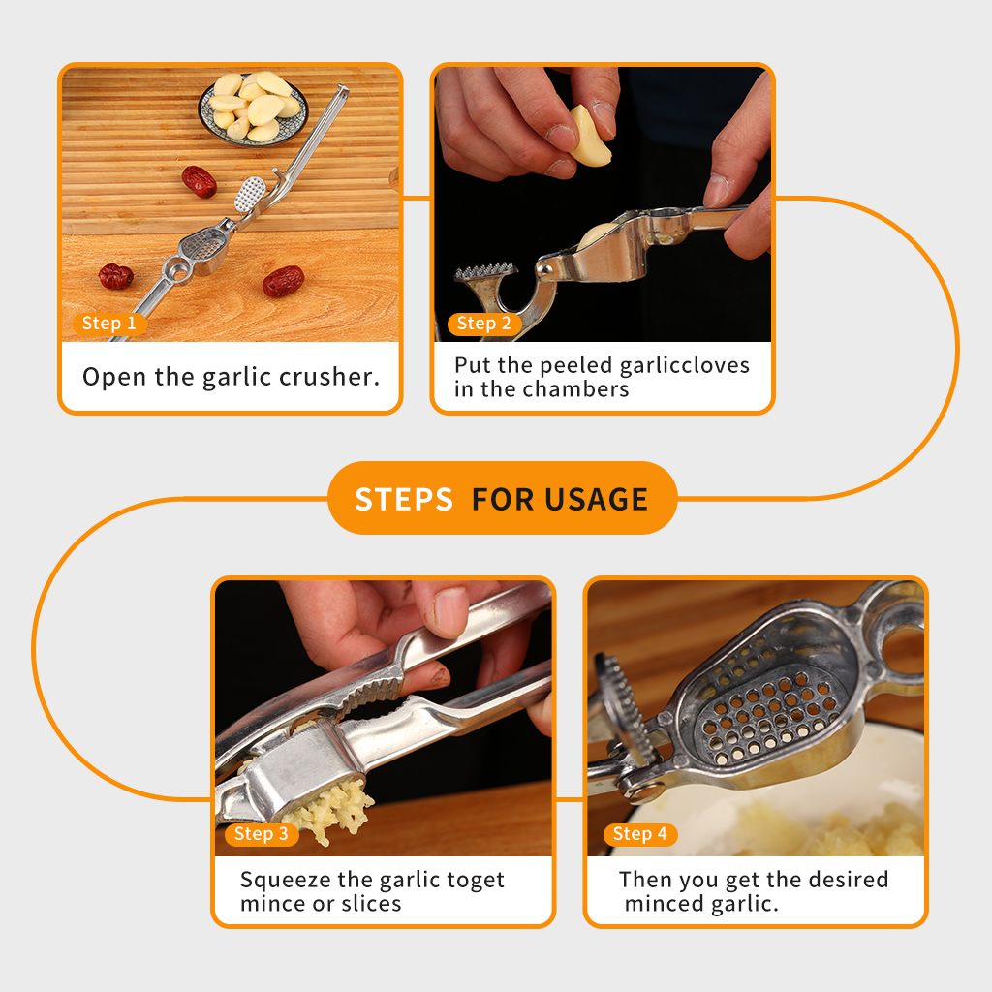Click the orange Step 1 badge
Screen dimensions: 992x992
pyautogui.click(x=109, y=324)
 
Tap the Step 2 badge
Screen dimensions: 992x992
pyautogui.click(x=484, y=324)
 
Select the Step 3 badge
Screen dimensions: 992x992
pyautogui.click(x=262, y=834)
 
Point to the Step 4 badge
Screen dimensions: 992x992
pyautogui.click(x=640, y=834)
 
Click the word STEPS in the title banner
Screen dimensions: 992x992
pyautogui.click(x=404, y=499)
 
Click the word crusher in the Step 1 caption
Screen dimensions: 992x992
pyautogui.click(x=329, y=377)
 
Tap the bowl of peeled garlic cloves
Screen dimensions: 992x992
pyautogui.click(x=254, y=108)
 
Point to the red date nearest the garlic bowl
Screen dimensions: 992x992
pyautogui.click(x=200, y=181)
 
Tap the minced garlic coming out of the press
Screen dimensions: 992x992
pyautogui.click(x=329, y=810)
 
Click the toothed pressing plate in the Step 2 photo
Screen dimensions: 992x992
pyautogui.click(x=485, y=272)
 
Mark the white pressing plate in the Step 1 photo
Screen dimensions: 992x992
pyautogui.click(x=251, y=194)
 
